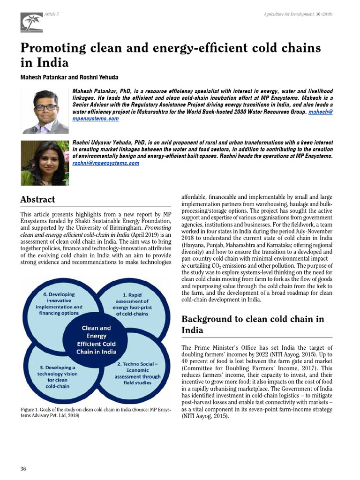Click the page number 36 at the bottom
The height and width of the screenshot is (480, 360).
point(23,469)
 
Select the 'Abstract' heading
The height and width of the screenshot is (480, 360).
point(37,199)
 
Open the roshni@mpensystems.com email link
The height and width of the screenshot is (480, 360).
point(105,163)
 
